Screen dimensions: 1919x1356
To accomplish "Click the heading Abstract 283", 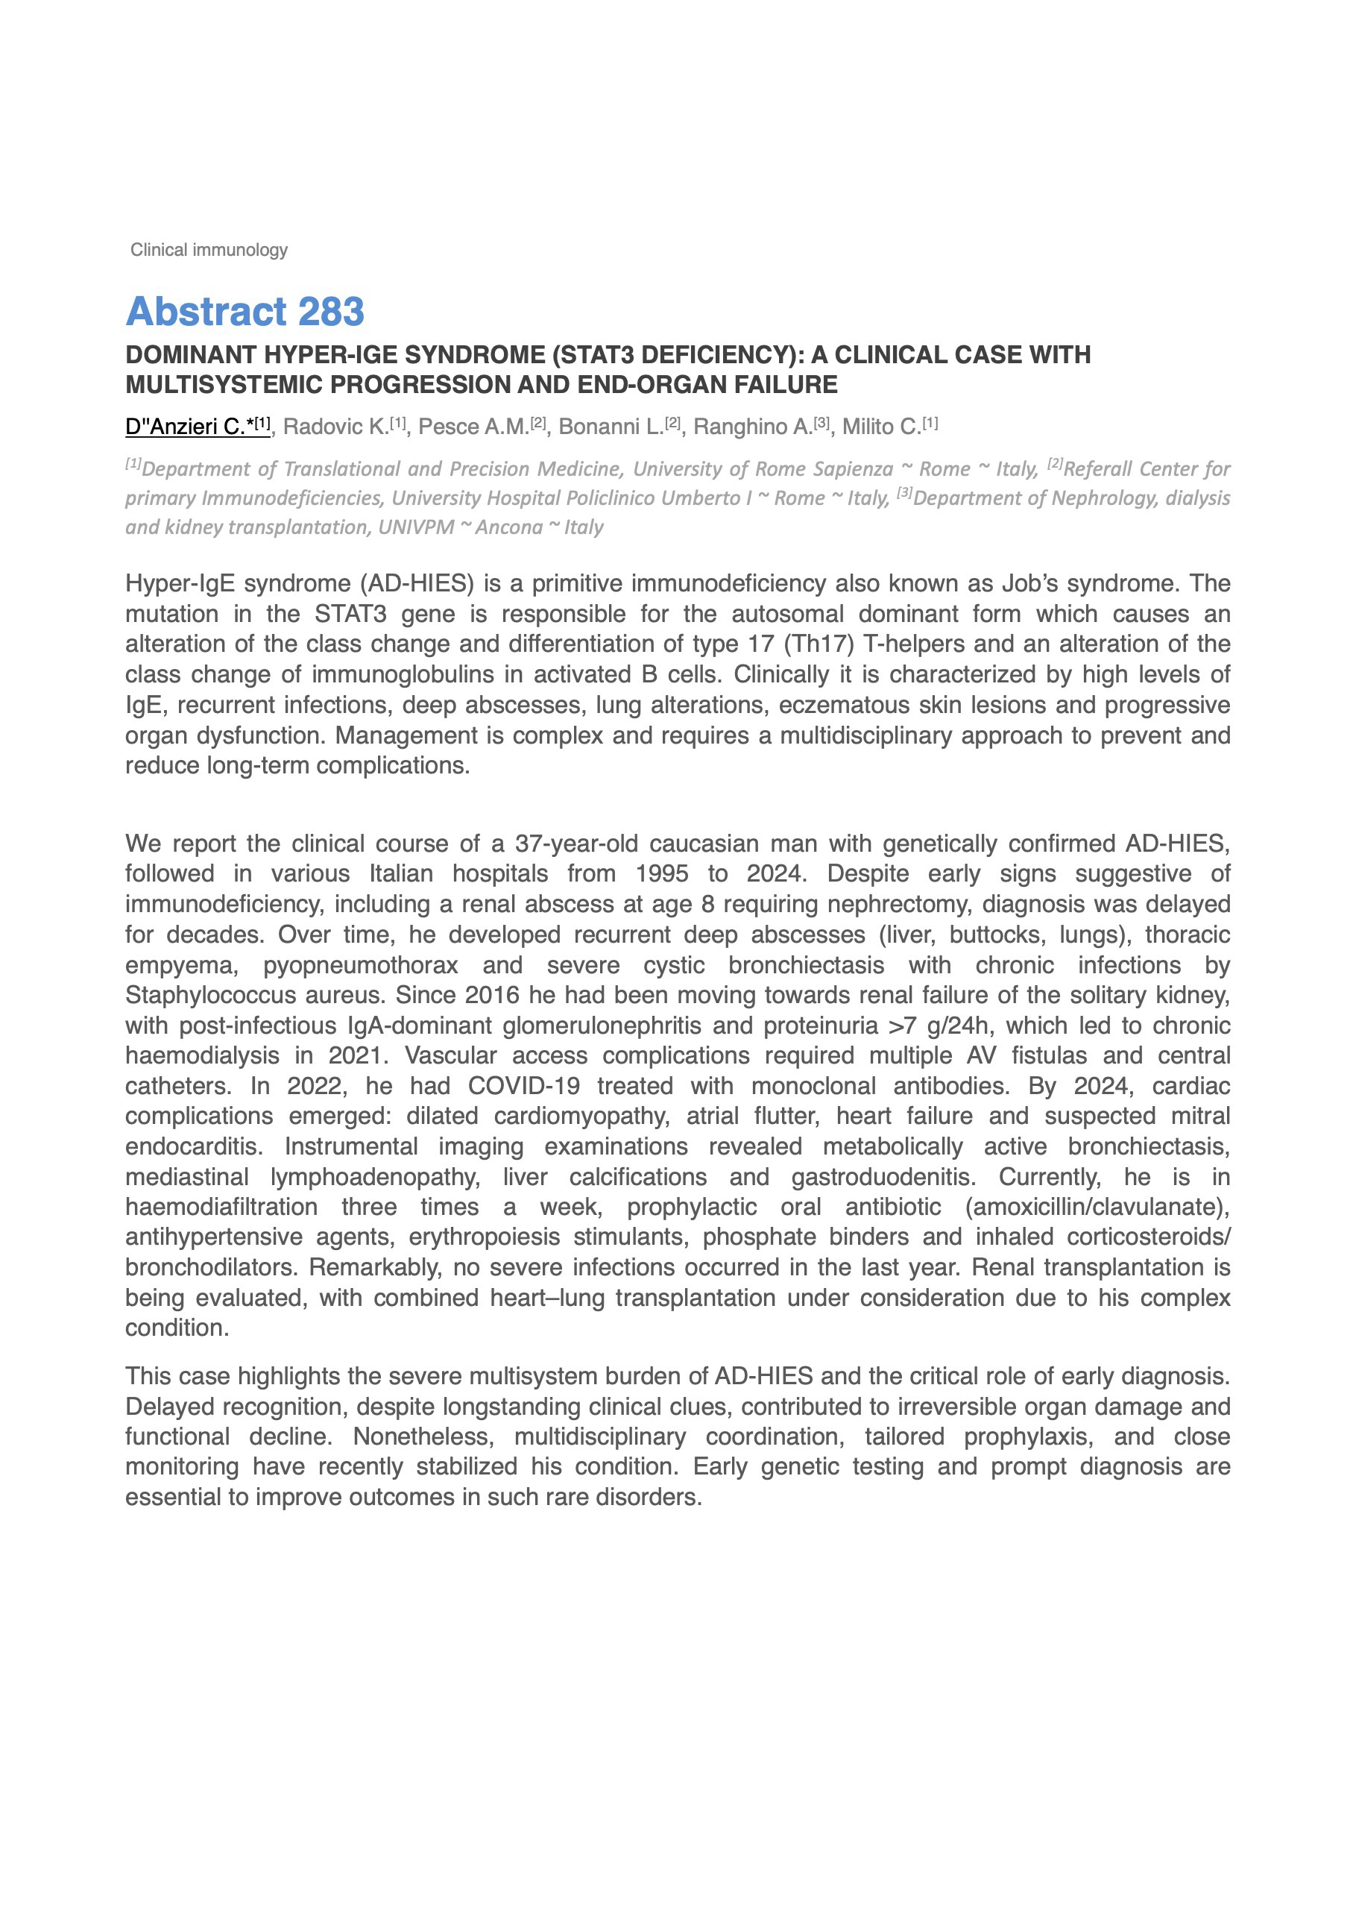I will point(245,312).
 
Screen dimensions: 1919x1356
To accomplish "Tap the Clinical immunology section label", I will point(209,250).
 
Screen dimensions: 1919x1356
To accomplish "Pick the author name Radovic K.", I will point(336,427).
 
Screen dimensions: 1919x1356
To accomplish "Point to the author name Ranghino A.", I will point(753,427).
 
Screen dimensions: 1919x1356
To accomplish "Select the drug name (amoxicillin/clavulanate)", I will point(1097,1207).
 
